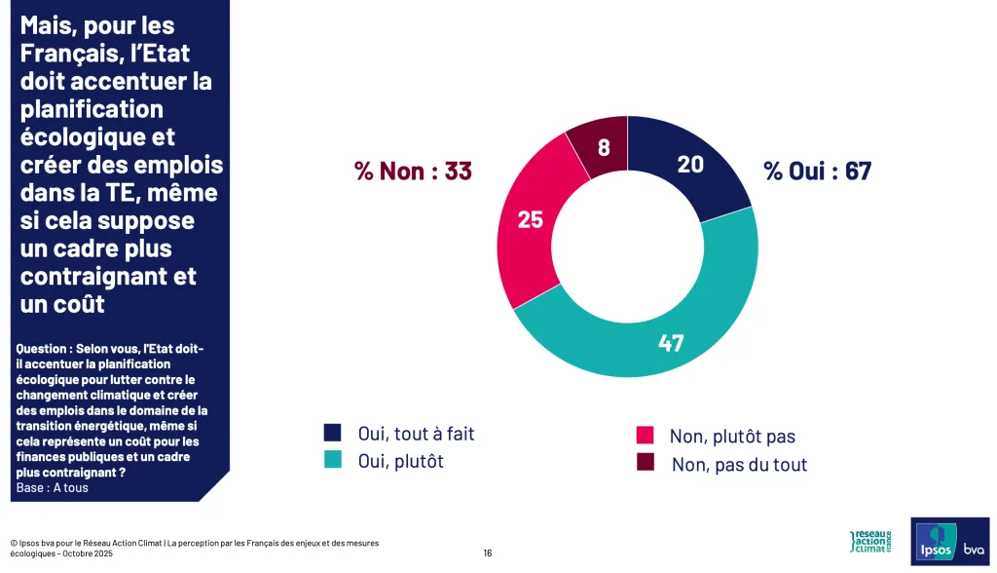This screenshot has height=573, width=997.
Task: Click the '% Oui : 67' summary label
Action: point(817,172)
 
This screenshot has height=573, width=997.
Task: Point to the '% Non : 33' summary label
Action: point(413,172)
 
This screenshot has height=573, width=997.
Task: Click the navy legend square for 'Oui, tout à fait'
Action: point(334,434)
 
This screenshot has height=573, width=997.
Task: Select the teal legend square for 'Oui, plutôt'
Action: point(334,461)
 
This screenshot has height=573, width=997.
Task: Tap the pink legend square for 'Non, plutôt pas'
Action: point(645,436)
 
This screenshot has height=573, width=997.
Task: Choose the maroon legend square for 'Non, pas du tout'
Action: point(645,463)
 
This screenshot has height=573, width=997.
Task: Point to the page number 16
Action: point(488,554)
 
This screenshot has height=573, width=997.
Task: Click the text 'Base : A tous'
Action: point(53,487)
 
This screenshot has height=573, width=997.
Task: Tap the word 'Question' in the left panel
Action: point(43,348)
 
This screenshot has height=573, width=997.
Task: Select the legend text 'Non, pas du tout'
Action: point(739,464)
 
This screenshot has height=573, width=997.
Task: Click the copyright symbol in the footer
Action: point(14,543)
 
